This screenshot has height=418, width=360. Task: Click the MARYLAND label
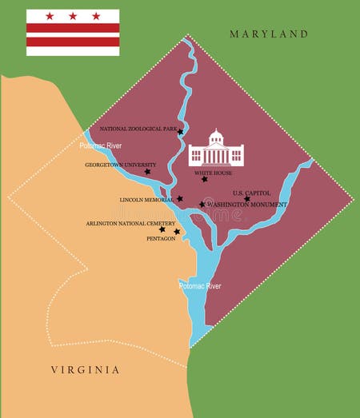(x=269, y=34)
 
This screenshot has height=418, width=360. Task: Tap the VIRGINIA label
(x=85, y=369)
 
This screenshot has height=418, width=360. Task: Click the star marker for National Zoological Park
(x=181, y=132)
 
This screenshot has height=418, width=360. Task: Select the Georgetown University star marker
(x=147, y=171)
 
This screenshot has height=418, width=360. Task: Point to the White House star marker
(x=205, y=179)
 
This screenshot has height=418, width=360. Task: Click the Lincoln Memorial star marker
(x=180, y=199)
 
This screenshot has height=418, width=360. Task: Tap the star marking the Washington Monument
(x=202, y=205)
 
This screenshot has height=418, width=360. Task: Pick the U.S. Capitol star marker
(x=247, y=199)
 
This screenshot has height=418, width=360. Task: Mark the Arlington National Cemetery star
(x=162, y=229)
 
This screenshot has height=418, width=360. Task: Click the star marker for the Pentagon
(x=177, y=232)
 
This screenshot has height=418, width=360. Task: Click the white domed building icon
(x=215, y=149)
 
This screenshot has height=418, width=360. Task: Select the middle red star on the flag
(x=73, y=16)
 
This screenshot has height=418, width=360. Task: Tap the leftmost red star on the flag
(x=50, y=16)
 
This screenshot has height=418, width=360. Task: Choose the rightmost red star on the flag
(x=96, y=16)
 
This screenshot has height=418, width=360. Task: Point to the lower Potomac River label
(x=200, y=285)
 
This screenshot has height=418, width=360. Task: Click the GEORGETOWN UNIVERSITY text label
(x=121, y=165)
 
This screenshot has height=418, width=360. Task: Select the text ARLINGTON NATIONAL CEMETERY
(x=129, y=224)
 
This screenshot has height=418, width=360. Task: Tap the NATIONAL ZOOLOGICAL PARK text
(x=138, y=129)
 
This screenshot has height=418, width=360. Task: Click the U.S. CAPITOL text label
(x=252, y=193)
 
